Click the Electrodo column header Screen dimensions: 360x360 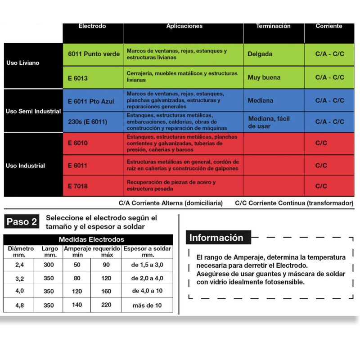click(92, 26)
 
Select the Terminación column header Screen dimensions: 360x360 click(273, 26)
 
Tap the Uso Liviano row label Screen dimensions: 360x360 click(23, 63)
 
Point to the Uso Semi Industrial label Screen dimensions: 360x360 click(33, 111)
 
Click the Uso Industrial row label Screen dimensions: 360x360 click(26, 166)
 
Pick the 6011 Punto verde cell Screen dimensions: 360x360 click(94, 54)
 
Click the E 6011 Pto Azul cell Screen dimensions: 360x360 click(91, 101)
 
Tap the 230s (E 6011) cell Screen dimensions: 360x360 click(87, 122)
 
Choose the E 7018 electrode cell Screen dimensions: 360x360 click(78, 186)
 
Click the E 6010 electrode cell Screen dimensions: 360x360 click(78, 143)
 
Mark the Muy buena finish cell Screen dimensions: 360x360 click(264, 77)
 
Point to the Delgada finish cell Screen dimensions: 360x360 click(260, 54)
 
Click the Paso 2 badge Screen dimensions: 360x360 click(22, 221)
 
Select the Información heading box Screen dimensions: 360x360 click(216, 238)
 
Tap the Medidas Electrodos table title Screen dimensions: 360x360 click(91, 239)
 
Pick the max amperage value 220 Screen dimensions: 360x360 click(106, 305)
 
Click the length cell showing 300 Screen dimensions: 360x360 click(49, 265)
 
